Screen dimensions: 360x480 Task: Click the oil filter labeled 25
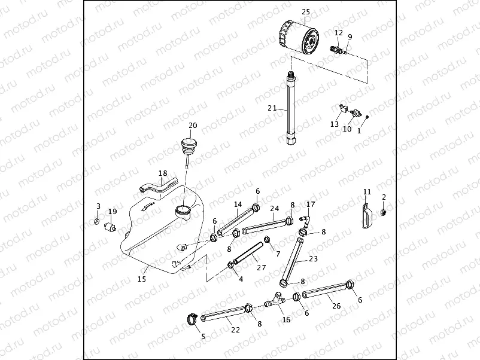click(300, 37)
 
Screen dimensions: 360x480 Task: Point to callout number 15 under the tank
click(142, 279)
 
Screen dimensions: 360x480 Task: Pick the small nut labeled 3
click(98, 222)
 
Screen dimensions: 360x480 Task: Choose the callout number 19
click(113, 211)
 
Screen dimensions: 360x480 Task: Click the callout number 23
click(314, 259)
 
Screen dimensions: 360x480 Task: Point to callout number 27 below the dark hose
click(260, 267)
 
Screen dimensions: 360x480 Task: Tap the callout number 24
click(275, 209)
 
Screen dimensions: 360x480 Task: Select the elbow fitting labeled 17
click(305, 221)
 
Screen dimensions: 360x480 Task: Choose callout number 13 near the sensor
click(334, 124)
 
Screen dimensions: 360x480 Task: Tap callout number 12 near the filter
click(339, 33)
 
